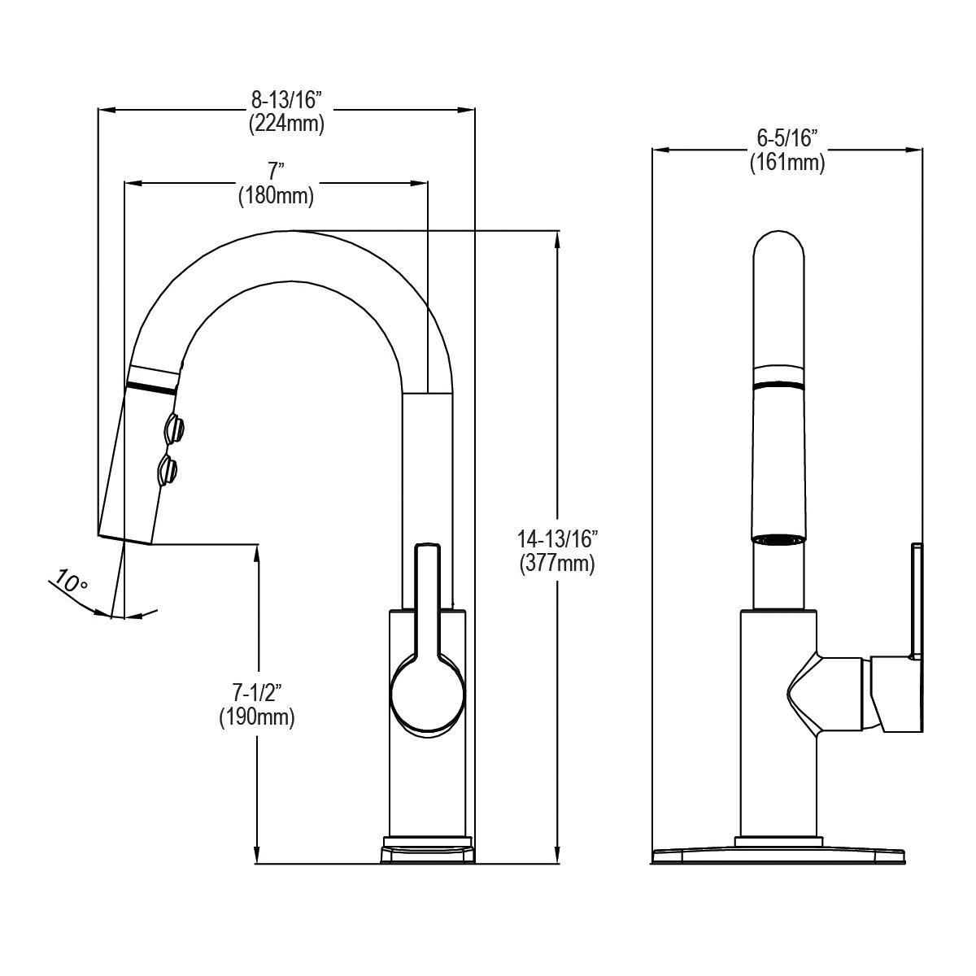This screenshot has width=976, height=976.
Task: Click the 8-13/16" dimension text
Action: [286, 101]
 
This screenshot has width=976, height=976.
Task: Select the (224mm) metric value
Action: [286, 124]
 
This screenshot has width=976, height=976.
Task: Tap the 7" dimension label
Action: [276, 172]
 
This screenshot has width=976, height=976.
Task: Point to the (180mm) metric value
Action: [276, 196]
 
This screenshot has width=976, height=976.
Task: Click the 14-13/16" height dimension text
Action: [557, 538]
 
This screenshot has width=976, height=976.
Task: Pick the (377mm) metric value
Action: [557, 563]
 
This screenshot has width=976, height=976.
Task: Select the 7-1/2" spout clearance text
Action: [256, 693]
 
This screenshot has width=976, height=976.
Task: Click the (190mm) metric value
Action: [256, 717]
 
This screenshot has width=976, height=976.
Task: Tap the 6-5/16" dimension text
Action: [786, 138]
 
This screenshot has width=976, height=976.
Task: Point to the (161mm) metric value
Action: [786, 162]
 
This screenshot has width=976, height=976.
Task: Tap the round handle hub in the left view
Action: [428, 693]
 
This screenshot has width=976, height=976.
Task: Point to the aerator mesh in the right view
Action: [779, 538]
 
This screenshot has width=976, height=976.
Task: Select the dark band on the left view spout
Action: [152, 387]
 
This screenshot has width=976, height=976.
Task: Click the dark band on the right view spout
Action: [779, 385]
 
